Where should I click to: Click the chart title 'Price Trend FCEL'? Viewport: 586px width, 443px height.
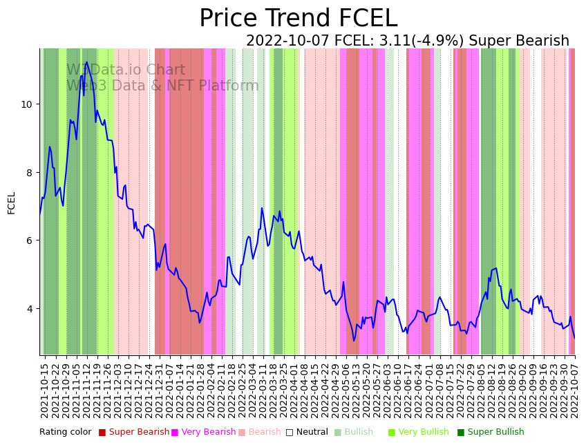(x=298, y=19)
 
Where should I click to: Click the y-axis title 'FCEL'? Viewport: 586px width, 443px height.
(x=12, y=202)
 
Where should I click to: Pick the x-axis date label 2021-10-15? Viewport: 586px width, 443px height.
(x=44, y=390)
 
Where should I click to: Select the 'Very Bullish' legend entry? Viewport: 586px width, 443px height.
(x=423, y=432)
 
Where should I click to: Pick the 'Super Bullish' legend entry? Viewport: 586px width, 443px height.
(x=495, y=432)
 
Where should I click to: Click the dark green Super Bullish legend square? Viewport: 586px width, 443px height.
(x=461, y=433)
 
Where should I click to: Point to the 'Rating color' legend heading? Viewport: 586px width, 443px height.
(x=65, y=432)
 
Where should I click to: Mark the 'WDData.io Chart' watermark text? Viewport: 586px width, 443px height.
(x=126, y=70)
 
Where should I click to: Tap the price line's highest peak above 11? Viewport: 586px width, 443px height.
(x=86, y=62)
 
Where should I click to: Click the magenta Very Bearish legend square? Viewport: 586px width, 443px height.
(x=175, y=433)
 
